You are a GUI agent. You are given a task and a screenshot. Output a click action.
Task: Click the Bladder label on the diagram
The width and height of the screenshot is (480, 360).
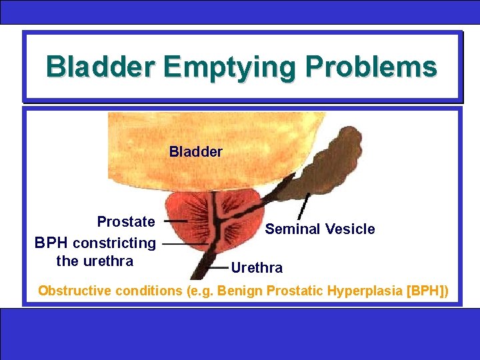click(195, 152)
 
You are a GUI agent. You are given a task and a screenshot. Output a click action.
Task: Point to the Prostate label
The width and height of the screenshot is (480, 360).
click(126, 221)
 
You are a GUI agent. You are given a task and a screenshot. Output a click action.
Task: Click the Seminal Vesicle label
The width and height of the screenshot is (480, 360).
click(320, 229)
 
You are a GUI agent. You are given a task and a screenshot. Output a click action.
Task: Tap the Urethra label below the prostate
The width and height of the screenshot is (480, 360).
click(257, 268)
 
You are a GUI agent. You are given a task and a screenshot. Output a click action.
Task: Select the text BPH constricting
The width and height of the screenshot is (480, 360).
click(95, 243)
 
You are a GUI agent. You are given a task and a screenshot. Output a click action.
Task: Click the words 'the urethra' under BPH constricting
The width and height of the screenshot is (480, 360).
click(95, 261)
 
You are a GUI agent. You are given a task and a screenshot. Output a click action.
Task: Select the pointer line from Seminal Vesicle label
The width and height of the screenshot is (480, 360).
click(303, 206)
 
